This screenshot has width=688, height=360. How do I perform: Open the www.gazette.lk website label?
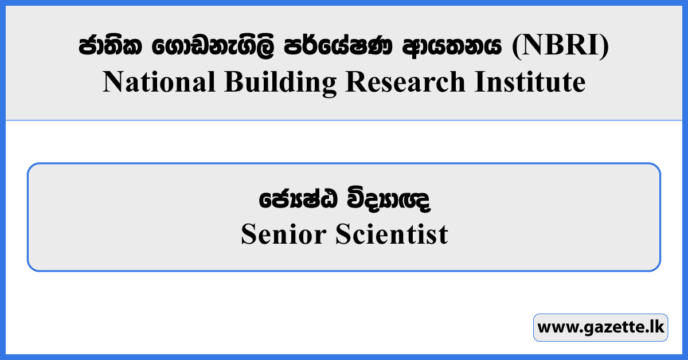[x=600, y=328]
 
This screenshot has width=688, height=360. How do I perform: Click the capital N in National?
[x=112, y=83]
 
